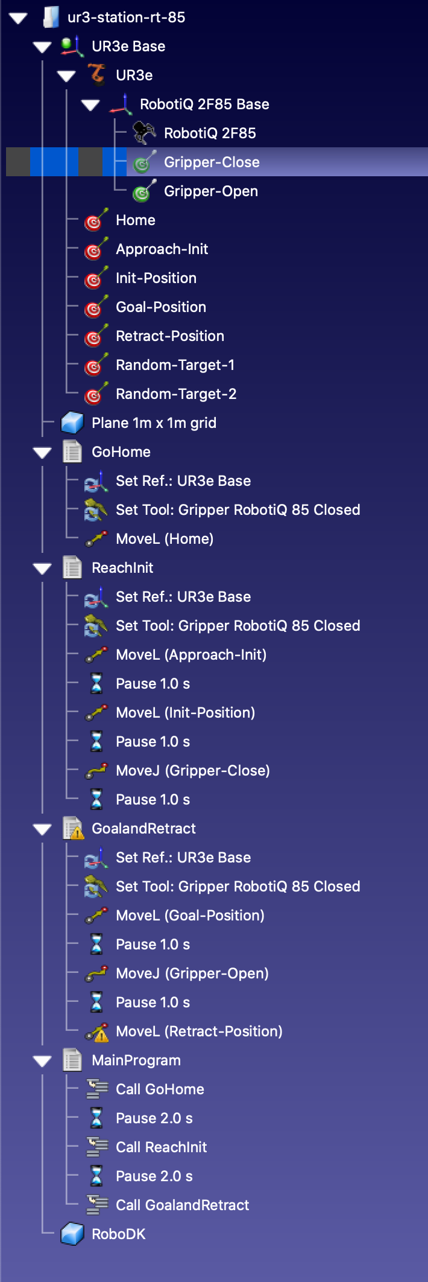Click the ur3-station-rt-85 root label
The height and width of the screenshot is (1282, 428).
(x=126, y=18)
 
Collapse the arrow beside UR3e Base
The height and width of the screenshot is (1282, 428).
(x=42, y=46)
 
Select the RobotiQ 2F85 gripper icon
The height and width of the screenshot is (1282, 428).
(x=143, y=133)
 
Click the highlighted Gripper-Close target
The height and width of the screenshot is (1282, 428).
(x=211, y=162)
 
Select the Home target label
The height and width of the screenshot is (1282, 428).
(x=135, y=220)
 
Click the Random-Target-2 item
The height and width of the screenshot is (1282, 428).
(x=175, y=394)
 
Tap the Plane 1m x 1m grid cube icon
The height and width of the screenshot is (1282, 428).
(x=72, y=423)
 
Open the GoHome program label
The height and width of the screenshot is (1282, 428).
(x=121, y=452)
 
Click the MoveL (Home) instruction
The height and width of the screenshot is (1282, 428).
(x=164, y=539)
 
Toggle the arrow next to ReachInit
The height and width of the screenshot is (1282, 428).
(x=42, y=568)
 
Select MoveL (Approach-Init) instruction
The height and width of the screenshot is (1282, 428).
(x=190, y=655)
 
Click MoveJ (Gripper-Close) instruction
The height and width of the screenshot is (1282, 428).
(x=192, y=771)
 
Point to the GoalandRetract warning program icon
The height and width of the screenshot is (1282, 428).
(x=73, y=829)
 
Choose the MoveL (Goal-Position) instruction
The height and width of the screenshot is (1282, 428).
(x=190, y=916)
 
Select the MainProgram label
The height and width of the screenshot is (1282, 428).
(x=136, y=1060)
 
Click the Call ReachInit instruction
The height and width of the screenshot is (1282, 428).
(x=161, y=1147)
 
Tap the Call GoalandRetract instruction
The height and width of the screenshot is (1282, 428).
(x=182, y=1205)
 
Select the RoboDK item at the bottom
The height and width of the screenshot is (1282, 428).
(x=118, y=1234)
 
